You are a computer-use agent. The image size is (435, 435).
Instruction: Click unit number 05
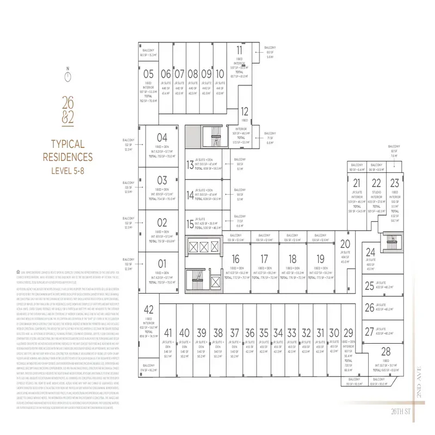click(x=148, y=74)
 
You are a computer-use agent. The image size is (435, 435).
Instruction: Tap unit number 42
click(x=149, y=310)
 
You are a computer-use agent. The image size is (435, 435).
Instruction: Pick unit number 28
click(x=386, y=351)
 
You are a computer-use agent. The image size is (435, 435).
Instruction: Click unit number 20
click(x=345, y=244)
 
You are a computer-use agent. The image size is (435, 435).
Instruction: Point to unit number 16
click(x=235, y=259)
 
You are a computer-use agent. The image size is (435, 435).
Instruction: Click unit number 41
click(x=168, y=333)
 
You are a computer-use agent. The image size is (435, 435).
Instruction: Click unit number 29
click(x=349, y=333)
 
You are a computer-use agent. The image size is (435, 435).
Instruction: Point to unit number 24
click(x=370, y=252)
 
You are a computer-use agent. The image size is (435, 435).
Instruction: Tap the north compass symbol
click(x=67, y=77)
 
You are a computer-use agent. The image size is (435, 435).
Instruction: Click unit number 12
click(x=245, y=110)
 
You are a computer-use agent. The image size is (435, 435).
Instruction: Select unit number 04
click(x=162, y=138)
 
